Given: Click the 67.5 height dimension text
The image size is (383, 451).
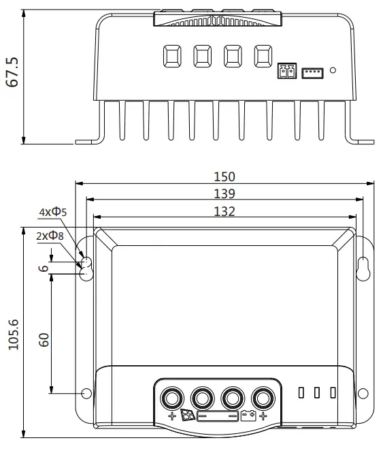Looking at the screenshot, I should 12,72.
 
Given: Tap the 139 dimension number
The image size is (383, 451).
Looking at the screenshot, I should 224,193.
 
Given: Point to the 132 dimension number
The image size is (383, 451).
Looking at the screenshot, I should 224,211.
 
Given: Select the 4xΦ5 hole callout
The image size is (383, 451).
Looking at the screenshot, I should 53,213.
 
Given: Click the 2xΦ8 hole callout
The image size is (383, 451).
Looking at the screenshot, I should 51,236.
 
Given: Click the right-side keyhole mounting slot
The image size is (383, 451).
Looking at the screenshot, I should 363,267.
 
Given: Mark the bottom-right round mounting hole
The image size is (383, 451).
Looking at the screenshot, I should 363,393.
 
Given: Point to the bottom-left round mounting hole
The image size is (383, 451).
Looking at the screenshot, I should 86,393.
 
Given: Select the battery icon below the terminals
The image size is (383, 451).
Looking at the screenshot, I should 248,415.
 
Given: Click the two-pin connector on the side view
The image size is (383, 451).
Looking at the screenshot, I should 286,71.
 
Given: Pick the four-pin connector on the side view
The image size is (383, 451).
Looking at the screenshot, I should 312,71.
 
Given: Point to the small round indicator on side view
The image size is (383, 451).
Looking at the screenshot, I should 333,69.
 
